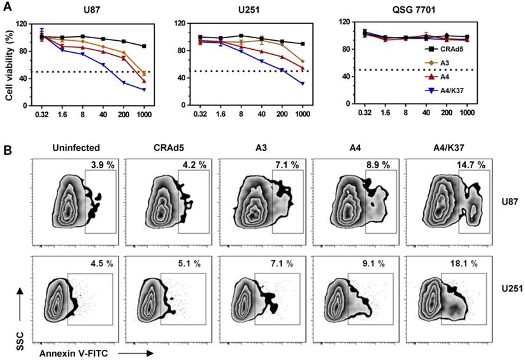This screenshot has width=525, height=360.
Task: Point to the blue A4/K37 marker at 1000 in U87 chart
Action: tap(145, 89)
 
